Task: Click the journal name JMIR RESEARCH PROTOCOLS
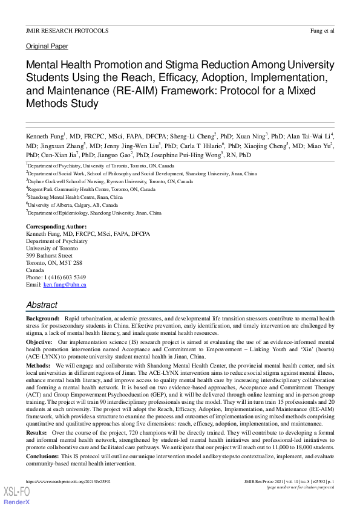pos(67,30)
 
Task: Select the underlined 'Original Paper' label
pos(47,46)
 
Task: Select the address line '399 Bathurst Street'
pos(49,256)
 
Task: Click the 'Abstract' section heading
pos(42,305)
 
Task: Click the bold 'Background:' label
pos(42,319)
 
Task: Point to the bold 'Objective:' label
pos(39,342)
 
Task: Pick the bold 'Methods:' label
pos(38,366)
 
